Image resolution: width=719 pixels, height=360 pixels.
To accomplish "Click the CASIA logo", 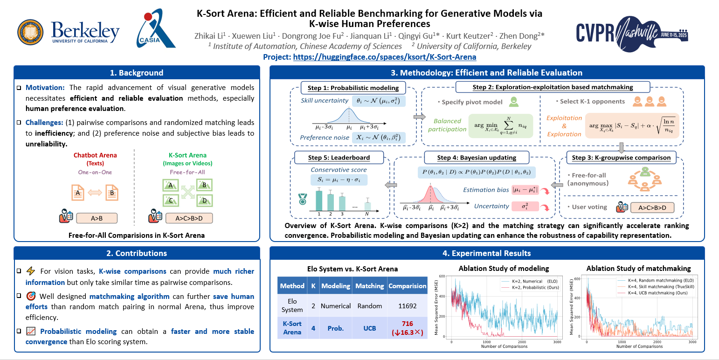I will [156, 29].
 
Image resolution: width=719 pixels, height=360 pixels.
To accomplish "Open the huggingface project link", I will [385, 57].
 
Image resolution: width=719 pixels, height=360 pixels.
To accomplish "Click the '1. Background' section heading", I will [137, 73].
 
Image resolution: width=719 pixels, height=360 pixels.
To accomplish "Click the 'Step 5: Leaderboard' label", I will [339, 157].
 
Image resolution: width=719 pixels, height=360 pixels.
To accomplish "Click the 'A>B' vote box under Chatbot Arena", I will [97, 218].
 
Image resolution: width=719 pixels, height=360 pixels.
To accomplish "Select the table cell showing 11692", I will [407, 306].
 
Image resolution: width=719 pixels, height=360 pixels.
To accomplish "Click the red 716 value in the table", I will [407, 324].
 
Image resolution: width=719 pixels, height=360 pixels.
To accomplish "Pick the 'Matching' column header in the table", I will [370, 286].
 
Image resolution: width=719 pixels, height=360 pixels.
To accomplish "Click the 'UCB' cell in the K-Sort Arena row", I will [370, 328].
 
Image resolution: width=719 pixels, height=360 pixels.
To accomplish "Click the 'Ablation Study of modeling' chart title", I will [504, 268].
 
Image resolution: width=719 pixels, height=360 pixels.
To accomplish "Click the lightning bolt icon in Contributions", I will [31, 271].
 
